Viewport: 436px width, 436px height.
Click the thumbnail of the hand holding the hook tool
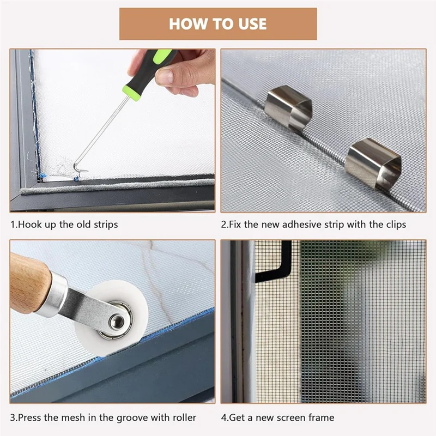[x=112, y=130]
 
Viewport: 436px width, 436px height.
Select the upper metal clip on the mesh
[x=288, y=107]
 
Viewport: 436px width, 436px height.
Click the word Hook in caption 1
[x=30, y=225]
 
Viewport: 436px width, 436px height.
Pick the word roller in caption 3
[x=184, y=417]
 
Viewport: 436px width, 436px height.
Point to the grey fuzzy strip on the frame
[x=117, y=186]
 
